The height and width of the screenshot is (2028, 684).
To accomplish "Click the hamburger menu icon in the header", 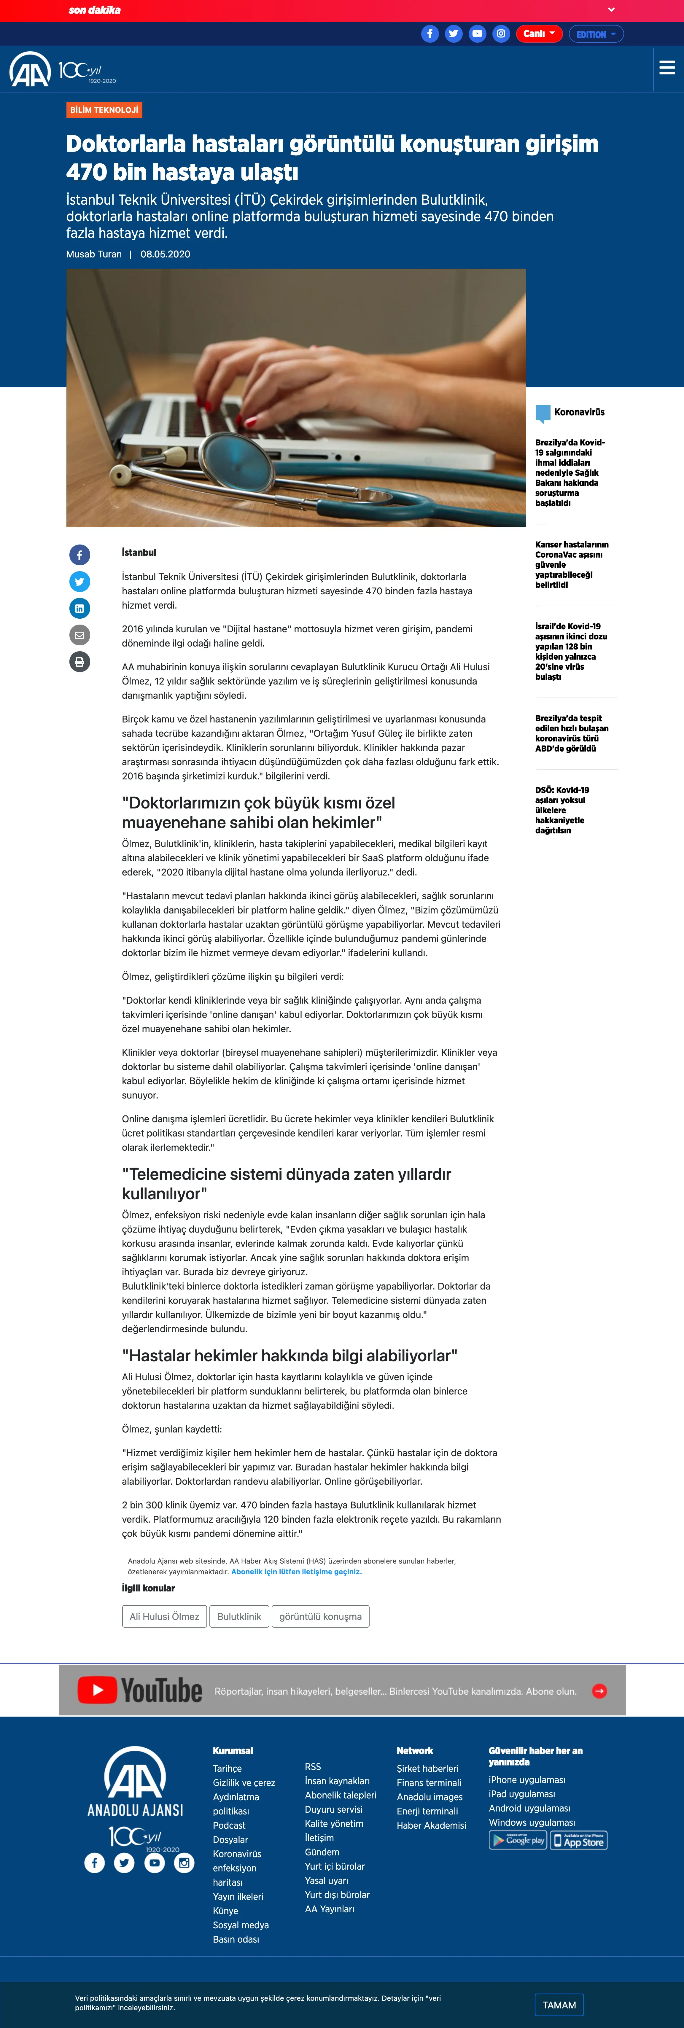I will [x=667, y=68].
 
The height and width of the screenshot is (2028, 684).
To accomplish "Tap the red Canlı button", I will [x=538, y=34].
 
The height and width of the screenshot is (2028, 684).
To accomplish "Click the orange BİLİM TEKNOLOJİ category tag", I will [x=104, y=110].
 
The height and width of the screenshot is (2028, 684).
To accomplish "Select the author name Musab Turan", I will [x=94, y=254].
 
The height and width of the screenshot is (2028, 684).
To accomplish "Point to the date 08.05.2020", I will [x=165, y=254].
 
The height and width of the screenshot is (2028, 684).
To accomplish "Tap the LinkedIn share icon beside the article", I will [x=79, y=609].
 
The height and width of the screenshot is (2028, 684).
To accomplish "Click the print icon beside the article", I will [x=79, y=662].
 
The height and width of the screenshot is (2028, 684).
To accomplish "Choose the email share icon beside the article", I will [x=79, y=635].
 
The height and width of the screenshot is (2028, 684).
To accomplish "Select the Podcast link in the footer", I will [x=229, y=1826].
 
